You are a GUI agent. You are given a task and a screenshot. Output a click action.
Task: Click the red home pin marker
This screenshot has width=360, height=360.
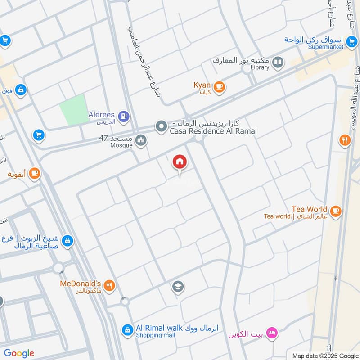coord(179,162)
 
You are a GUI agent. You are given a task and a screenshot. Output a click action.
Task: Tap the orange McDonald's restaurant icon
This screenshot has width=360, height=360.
coord(109,285)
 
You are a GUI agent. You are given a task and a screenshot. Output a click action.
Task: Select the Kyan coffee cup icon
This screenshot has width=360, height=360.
coord(219,87)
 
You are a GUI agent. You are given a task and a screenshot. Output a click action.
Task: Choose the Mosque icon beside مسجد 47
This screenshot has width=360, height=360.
coord(141,141)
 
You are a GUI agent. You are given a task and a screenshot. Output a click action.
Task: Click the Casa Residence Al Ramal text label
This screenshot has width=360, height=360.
coord(213,131)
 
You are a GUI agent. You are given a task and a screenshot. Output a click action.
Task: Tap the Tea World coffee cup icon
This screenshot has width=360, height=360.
coord(335,211)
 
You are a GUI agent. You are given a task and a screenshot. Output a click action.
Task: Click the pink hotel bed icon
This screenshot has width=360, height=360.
coord(272,333)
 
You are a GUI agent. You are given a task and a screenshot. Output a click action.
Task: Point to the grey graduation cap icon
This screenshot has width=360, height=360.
coord(178,286)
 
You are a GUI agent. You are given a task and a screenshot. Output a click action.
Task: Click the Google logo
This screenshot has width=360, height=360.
coord(19,353)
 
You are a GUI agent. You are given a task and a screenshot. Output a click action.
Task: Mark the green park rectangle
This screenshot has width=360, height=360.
coord(73,110)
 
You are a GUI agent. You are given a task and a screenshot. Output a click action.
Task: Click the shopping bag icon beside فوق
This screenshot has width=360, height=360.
coord(21,90)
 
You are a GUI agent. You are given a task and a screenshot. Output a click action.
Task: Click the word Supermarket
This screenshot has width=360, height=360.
coord(326,46)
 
